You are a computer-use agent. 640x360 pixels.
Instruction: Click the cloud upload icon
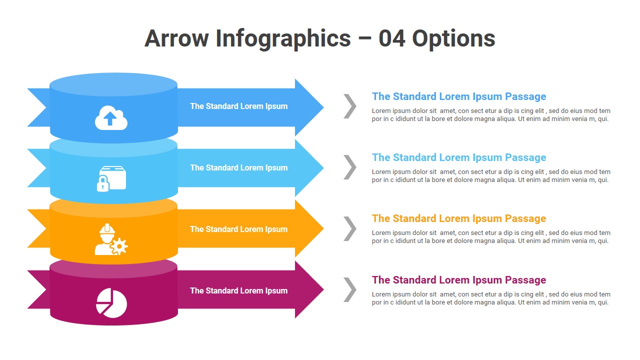pos(111,117)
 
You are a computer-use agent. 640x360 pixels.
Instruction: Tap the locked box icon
pos(111,178)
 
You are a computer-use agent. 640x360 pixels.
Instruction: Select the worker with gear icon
pos(111,239)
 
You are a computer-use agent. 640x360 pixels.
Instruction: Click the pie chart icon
pos(111,303)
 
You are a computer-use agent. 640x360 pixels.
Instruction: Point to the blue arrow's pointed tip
pos(323,107)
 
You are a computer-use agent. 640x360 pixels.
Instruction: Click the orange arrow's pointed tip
pos(323,228)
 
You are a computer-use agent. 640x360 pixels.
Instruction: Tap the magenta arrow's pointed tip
pos(323,289)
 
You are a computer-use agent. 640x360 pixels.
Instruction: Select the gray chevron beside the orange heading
pos(350,228)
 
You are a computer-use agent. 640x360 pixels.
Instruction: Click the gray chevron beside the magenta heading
pos(350,289)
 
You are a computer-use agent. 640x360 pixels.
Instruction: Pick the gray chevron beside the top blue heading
pos(350,106)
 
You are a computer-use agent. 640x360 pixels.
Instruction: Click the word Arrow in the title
pos(177,38)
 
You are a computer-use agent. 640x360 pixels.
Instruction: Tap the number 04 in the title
pos(392,38)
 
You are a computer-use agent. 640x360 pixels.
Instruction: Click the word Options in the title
pos(453,39)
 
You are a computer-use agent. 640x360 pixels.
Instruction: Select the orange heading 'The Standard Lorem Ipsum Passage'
pos(459,218)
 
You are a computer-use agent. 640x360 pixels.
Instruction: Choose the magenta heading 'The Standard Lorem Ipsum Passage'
pos(459,280)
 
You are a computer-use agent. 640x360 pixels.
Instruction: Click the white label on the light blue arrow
pos(239,167)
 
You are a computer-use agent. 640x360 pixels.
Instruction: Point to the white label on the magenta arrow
pos(239,291)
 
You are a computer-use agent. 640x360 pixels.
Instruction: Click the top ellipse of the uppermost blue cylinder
pos(113,84)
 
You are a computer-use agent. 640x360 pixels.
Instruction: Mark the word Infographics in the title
pos(283,39)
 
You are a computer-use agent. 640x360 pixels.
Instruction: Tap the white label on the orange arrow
pos(239,229)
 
